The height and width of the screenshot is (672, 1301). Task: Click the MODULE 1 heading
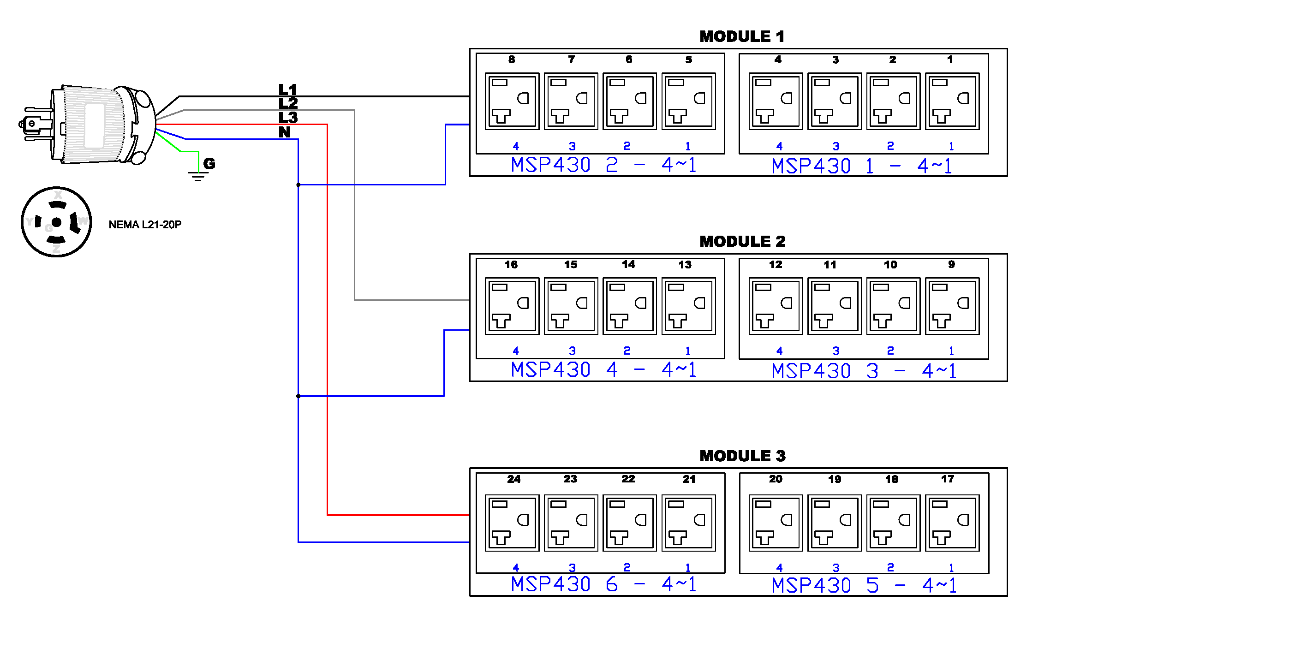[741, 36]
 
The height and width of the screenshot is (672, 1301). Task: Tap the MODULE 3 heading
[742, 456]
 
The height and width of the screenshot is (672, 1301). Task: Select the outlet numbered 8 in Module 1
[512, 101]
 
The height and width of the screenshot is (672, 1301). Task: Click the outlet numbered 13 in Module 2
[688, 306]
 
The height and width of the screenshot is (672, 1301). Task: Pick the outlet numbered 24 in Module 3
[512, 523]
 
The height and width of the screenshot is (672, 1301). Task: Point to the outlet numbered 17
[952, 523]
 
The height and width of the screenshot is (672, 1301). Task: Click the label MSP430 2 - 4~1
[603, 165]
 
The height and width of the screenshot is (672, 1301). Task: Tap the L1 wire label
[288, 89]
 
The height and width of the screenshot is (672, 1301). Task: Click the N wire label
[285, 132]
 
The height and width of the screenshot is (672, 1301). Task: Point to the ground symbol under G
[198, 176]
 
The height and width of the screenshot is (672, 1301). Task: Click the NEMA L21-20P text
[145, 225]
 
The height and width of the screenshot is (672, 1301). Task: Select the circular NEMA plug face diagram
[56, 222]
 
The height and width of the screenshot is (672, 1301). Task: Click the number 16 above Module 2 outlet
[511, 265]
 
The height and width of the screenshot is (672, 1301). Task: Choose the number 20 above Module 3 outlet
[775, 479]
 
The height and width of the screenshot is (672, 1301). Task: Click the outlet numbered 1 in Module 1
[952, 101]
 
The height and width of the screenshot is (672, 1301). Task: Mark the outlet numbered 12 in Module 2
[775, 306]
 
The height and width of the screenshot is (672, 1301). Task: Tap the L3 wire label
[288, 118]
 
